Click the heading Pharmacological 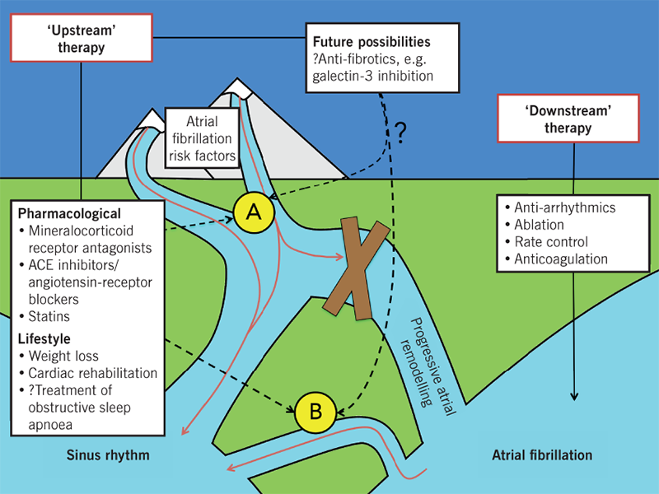[68, 213]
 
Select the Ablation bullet [541, 224]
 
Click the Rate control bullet [553, 241]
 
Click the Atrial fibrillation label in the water [541, 454]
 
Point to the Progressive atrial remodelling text [417, 361]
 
